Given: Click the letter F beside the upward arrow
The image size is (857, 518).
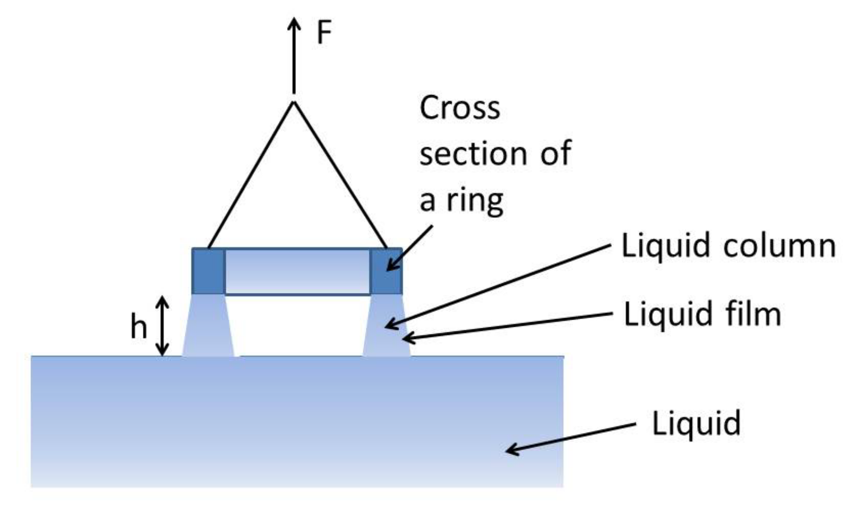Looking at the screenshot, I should [324, 33].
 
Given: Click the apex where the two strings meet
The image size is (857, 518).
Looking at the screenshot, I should [293, 102].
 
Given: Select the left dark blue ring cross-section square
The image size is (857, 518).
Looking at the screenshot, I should [208, 271].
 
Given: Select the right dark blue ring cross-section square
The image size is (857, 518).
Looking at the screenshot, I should [386, 271].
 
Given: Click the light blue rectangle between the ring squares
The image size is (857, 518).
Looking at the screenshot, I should [297, 271].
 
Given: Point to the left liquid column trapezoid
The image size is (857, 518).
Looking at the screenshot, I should [208, 326].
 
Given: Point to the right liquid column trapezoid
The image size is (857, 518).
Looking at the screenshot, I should [386, 326].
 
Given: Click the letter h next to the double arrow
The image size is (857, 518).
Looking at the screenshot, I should [138, 327].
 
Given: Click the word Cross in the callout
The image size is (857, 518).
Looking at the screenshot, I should [459, 108].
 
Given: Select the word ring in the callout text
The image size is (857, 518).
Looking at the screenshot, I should [475, 200].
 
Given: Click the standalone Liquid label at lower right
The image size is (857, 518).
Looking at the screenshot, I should [696, 423].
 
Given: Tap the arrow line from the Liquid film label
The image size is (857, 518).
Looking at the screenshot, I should [507, 326].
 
